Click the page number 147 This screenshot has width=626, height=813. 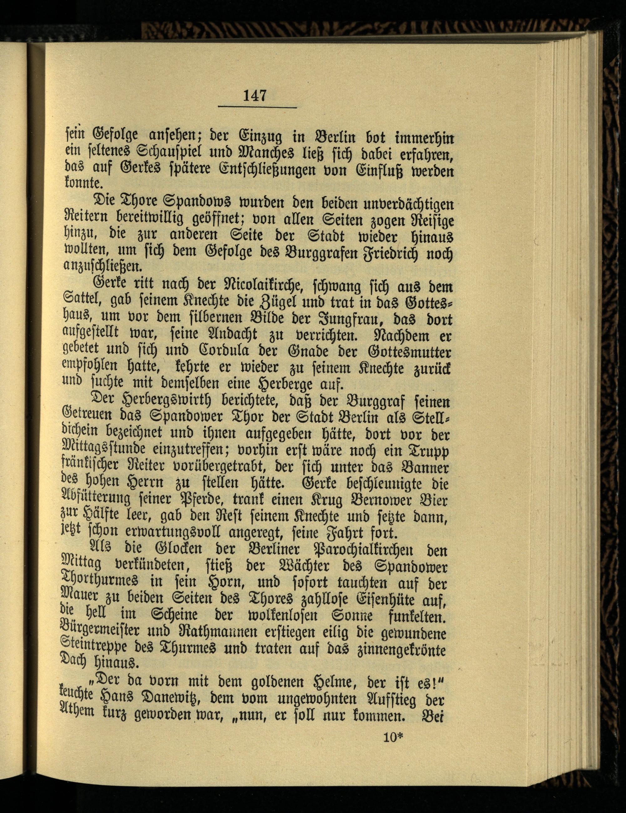coord(255,96)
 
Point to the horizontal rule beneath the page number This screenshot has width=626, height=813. coord(257,108)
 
